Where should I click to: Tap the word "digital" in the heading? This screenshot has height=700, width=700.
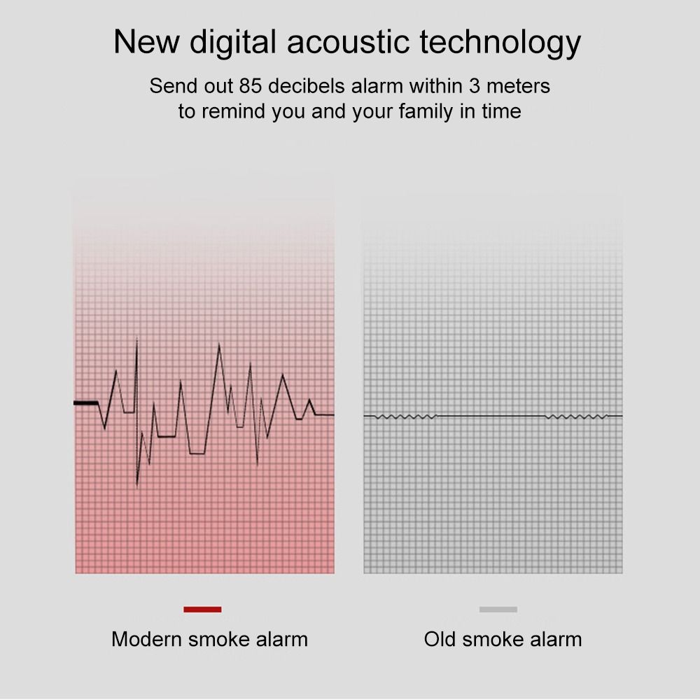click(x=233, y=43)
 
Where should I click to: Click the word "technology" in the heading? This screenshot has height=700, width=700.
click(x=500, y=43)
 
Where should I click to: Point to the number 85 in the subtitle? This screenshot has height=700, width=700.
click(x=250, y=85)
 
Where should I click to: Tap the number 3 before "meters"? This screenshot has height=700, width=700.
click(x=474, y=85)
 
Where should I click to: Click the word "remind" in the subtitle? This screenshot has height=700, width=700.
click(x=233, y=111)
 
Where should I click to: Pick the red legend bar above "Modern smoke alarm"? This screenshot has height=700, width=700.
click(x=202, y=610)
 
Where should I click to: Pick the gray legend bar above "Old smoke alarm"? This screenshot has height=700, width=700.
click(x=498, y=610)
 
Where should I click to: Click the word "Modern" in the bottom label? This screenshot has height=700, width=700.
click(x=146, y=639)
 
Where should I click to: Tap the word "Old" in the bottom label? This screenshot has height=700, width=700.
click(x=440, y=639)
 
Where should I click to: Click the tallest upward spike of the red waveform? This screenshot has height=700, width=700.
click(x=136, y=339)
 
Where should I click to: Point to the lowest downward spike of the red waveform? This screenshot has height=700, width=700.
click(x=136, y=485)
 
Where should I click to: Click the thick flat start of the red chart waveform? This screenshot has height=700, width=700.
click(x=85, y=403)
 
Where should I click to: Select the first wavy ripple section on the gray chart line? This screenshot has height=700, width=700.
click(x=405, y=417)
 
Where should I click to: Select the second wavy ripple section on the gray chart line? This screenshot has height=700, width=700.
click(x=576, y=417)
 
